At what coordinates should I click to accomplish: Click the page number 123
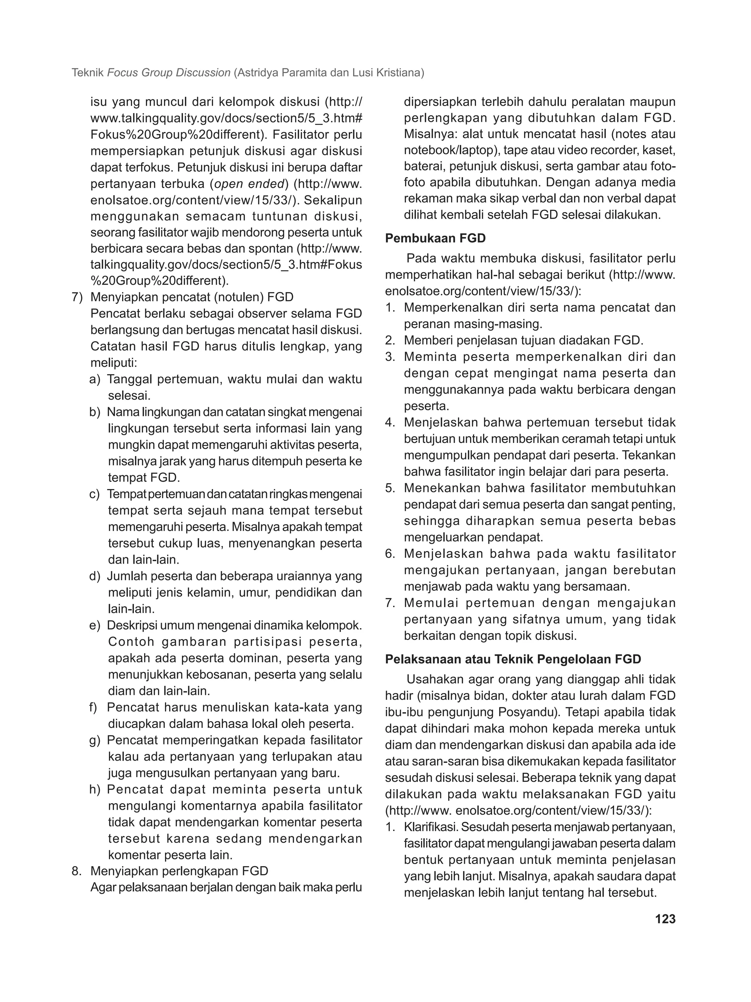(665, 919)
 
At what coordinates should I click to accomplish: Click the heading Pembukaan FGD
(435, 238)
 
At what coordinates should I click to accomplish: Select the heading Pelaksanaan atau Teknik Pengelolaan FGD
(513, 659)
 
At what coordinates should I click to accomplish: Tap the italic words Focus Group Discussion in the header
(169, 73)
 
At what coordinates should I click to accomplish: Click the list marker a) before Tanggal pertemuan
(95, 380)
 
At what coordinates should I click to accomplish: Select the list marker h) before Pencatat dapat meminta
(95, 790)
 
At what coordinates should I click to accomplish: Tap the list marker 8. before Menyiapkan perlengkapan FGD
(77, 871)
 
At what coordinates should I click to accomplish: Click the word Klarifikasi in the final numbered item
(431, 827)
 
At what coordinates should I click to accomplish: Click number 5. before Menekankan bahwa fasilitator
(390, 488)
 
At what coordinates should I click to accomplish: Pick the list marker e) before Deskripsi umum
(95, 626)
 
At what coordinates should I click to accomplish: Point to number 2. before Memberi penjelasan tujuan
(390, 340)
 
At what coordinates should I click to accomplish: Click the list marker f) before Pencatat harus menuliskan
(94, 707)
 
